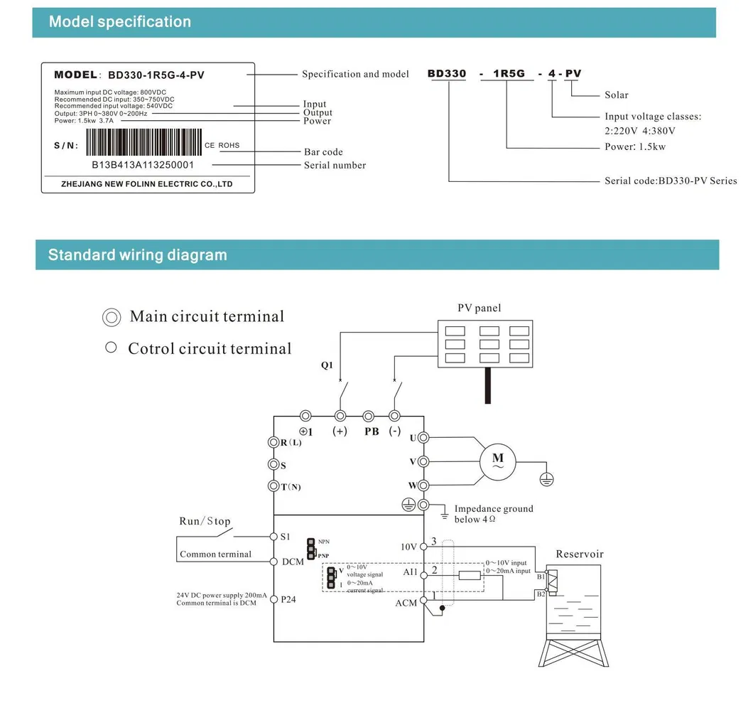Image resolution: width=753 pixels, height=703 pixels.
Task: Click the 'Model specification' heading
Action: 119,22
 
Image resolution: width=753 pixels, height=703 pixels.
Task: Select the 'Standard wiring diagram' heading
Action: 137,255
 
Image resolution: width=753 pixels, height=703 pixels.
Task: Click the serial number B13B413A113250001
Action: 143,165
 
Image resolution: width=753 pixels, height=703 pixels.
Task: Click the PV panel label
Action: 479,308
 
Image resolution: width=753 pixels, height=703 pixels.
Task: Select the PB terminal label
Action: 372,431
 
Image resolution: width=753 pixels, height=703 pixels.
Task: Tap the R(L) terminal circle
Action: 273,442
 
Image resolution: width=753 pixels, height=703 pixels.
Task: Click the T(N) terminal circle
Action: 273,486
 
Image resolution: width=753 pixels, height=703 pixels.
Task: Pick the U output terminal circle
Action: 423,438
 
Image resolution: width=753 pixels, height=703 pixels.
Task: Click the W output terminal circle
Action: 423,485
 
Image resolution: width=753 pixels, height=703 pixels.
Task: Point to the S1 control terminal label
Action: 285,537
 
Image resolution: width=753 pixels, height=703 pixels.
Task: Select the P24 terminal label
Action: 288,599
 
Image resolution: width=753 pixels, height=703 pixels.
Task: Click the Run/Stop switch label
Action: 205,521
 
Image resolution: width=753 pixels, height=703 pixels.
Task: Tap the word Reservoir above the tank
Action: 579,554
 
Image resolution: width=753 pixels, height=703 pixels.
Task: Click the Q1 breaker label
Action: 327,366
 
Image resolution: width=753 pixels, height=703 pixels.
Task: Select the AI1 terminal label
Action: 411,572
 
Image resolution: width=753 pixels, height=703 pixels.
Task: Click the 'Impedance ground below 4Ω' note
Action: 493,514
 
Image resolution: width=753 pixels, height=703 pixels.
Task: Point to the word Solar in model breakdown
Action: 616,95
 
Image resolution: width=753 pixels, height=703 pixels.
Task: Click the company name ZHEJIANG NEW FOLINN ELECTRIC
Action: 147,184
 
